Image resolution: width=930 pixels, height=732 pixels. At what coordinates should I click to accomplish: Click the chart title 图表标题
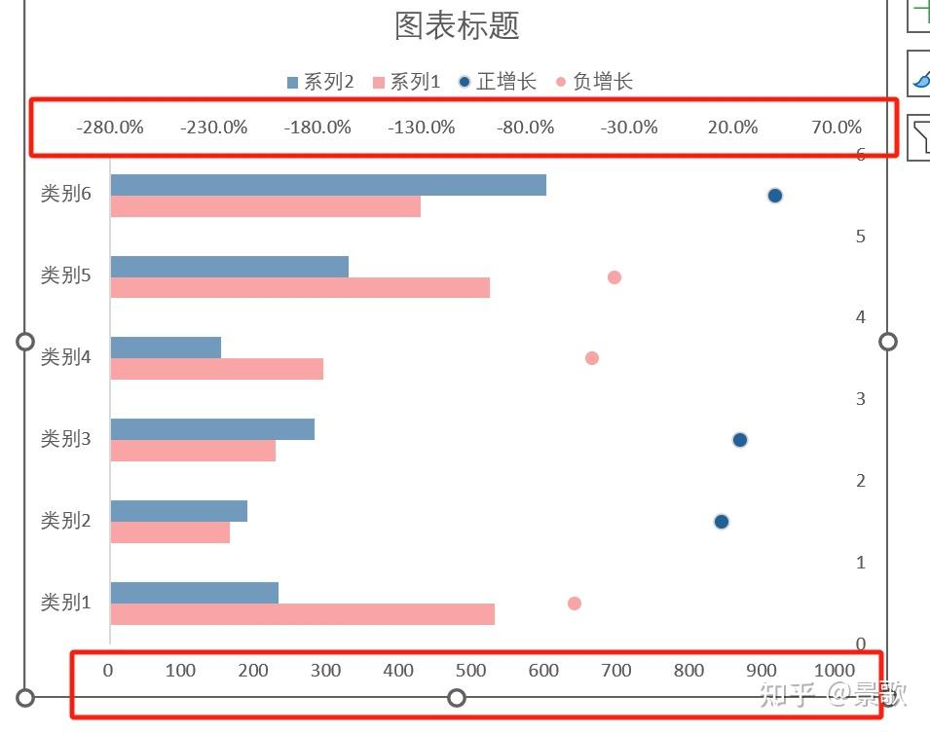point(457,26)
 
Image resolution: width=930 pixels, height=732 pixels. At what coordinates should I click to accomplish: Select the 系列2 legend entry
point(320,82)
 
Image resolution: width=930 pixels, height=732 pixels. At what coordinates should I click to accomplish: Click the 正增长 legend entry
point(497,82)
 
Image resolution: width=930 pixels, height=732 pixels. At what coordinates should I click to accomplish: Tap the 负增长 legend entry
point(594,82)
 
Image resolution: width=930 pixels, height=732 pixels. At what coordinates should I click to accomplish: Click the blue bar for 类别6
point(328,185)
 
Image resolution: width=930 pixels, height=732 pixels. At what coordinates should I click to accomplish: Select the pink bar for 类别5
point(300,288)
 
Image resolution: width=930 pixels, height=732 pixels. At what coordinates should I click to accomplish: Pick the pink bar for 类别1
point(302,614)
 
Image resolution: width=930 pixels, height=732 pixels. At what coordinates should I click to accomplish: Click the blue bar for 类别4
point(166,348)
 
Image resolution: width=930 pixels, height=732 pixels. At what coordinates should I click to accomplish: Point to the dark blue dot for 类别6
point(775,196)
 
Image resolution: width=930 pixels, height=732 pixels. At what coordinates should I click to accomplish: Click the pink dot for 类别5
point(614,277)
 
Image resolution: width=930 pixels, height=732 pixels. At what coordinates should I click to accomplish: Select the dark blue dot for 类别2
point(722,522)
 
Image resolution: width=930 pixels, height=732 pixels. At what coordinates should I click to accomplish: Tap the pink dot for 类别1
point(575,604)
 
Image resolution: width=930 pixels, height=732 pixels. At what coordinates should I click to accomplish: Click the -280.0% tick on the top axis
point(110,128)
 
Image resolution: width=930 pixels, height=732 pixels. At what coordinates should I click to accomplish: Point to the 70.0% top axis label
point(837,128)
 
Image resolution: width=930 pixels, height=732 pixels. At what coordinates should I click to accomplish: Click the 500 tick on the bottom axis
point(471,671)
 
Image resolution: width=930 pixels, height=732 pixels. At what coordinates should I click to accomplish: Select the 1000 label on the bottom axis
point(835,671)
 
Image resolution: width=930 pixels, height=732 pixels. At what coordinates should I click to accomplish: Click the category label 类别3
point(65,439)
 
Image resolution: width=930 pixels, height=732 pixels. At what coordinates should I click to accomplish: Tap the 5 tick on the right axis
point(860,237)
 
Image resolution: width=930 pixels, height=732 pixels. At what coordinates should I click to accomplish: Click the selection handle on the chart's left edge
point(26,342)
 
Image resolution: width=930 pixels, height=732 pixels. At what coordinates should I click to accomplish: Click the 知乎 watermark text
point(788,694)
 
